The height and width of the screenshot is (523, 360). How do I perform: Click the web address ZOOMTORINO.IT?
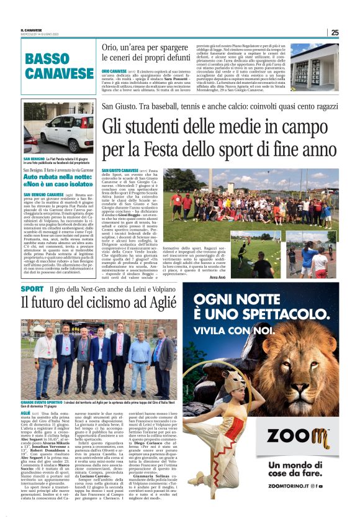coord(294,503)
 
